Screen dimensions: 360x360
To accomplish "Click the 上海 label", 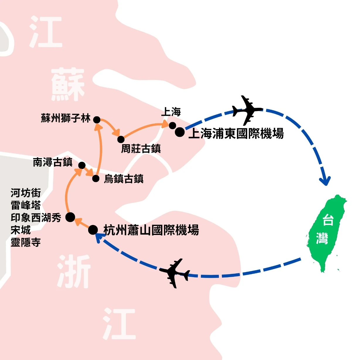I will pos(171,112).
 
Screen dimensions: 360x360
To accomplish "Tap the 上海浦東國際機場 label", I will pos(236,134).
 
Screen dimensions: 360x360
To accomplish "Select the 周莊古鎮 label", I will pos(141,149).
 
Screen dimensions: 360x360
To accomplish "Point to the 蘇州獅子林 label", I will pos(66,118).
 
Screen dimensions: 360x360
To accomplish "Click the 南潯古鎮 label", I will pos(53,162).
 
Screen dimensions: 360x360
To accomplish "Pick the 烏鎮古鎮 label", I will pos(124,179).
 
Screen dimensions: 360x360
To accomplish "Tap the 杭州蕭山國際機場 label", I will pos(151,230).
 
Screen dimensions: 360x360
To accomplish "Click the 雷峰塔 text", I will pos(26,205).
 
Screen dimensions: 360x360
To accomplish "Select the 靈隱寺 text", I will pos(26,242).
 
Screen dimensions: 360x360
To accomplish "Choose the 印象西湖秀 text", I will pos(36,218).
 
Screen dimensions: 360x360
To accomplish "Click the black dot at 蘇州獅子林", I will pos(97,120).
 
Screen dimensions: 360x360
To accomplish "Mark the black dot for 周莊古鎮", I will pos(121,139).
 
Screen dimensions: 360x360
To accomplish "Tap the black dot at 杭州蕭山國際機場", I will pos(93,230).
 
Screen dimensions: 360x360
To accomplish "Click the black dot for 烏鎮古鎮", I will pos(96,178).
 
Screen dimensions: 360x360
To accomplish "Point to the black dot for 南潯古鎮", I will pos(82,166).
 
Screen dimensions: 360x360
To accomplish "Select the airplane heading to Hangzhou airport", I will pos(175,273).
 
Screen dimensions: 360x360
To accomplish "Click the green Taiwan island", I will pos(326,231).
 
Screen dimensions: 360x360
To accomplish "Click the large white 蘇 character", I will pos(68,84).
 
